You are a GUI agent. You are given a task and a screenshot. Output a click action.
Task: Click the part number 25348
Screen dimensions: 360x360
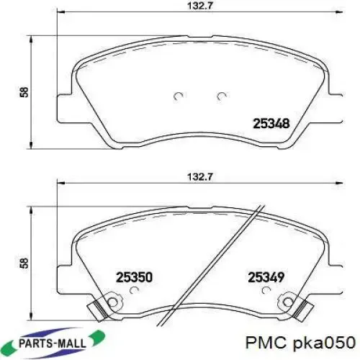[x=271, y=124]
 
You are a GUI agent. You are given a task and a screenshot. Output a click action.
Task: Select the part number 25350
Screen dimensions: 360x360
[x=134, y=277]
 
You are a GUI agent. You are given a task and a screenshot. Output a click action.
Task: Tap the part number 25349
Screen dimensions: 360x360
[x=266, y=277]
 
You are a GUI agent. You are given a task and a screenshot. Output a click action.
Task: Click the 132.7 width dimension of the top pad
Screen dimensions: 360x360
[x=200, y=6]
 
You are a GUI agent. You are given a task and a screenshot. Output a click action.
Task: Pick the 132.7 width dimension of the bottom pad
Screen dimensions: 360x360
[x=200, y=177]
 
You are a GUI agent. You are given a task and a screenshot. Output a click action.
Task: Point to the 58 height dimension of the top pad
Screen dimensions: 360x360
[x=24, y=92]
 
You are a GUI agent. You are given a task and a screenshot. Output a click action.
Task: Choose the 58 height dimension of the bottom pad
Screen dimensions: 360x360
[x=24, y=263]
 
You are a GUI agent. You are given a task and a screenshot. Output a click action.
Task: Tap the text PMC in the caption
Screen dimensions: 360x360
[x=266, y=343]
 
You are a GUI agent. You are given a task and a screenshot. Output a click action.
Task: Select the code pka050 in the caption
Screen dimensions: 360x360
[x=325, y=343]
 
